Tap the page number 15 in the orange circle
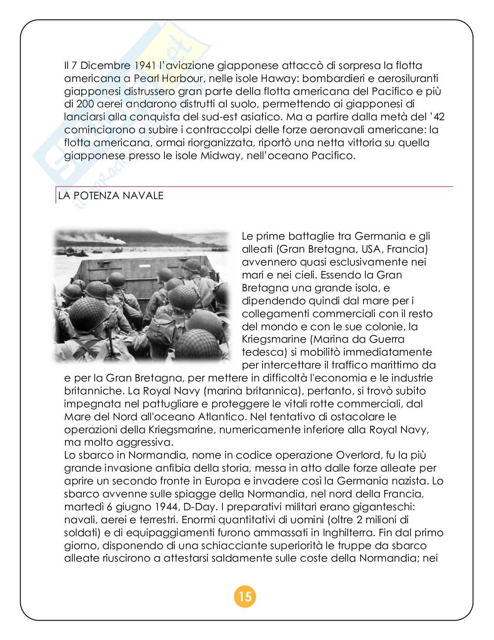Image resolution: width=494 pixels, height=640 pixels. pyautogui.click(x=245, y=597)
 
